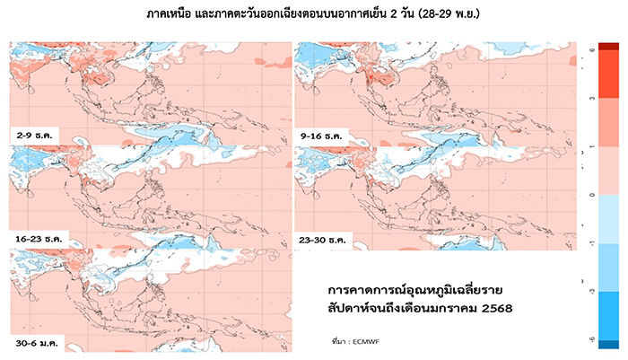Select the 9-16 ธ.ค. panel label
(322, 135)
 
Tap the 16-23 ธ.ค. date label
(39, 240)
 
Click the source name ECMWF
(367, 342)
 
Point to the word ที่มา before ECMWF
(340, 342)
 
